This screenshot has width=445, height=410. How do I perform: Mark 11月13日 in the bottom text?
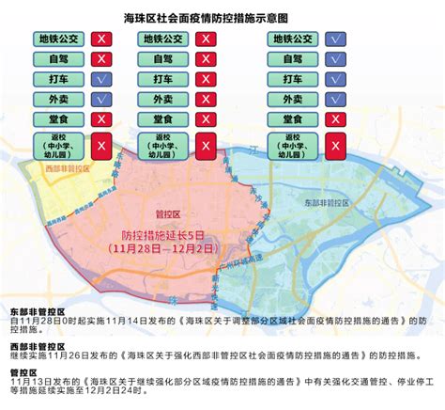(29, 371)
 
